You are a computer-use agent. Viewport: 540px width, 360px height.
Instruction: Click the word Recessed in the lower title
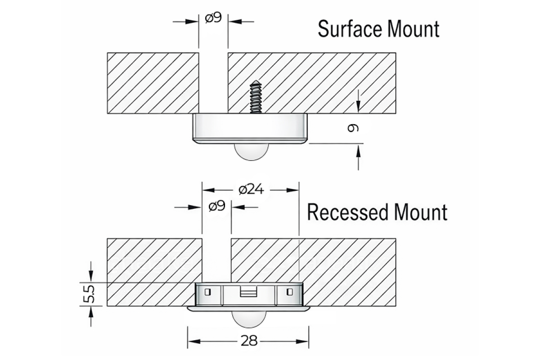click(x=345, y=212)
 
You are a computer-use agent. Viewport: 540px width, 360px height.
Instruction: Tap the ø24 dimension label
click(x=251, y=190)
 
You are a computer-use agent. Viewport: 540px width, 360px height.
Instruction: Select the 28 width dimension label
click(x=248, y=341)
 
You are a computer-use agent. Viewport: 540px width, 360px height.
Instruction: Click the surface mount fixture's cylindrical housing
click(x=250, y=127)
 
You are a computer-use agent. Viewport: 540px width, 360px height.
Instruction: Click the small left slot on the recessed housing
click(x=207, y=292)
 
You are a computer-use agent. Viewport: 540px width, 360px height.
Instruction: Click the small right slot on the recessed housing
click(x=289, y=292)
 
